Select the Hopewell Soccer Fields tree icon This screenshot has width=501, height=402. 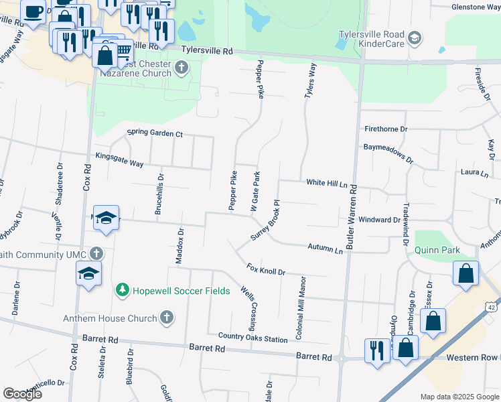122,289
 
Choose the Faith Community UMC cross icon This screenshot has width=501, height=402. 97,254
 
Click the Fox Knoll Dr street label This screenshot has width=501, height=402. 266,271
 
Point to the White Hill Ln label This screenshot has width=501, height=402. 329,182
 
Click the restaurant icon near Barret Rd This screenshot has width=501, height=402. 376,350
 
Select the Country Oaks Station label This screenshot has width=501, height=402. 253,339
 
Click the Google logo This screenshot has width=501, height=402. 23,394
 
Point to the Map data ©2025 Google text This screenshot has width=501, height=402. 459,397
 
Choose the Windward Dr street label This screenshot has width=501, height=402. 379,220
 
